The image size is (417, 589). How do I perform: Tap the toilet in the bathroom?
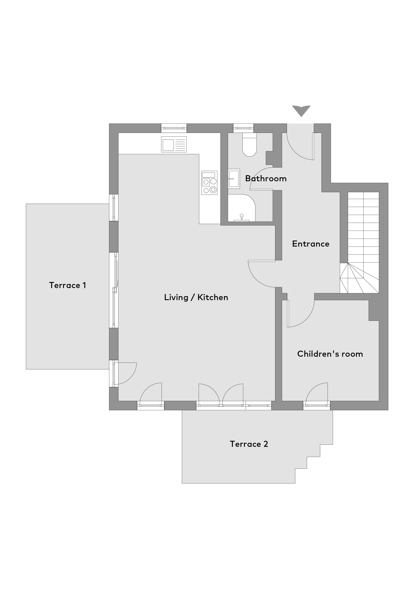click(250, 144)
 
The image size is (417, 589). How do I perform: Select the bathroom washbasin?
click(234, 179)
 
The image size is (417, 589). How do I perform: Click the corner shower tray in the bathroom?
click(241, 208)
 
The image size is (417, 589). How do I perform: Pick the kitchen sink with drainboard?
click(174, 144)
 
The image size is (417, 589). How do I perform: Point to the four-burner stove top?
click(209, 183)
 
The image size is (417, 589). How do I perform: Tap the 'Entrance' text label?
click(311, 244)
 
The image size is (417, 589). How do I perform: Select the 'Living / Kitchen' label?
click(196, 297)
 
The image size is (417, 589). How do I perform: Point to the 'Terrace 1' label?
click(68, 285)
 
